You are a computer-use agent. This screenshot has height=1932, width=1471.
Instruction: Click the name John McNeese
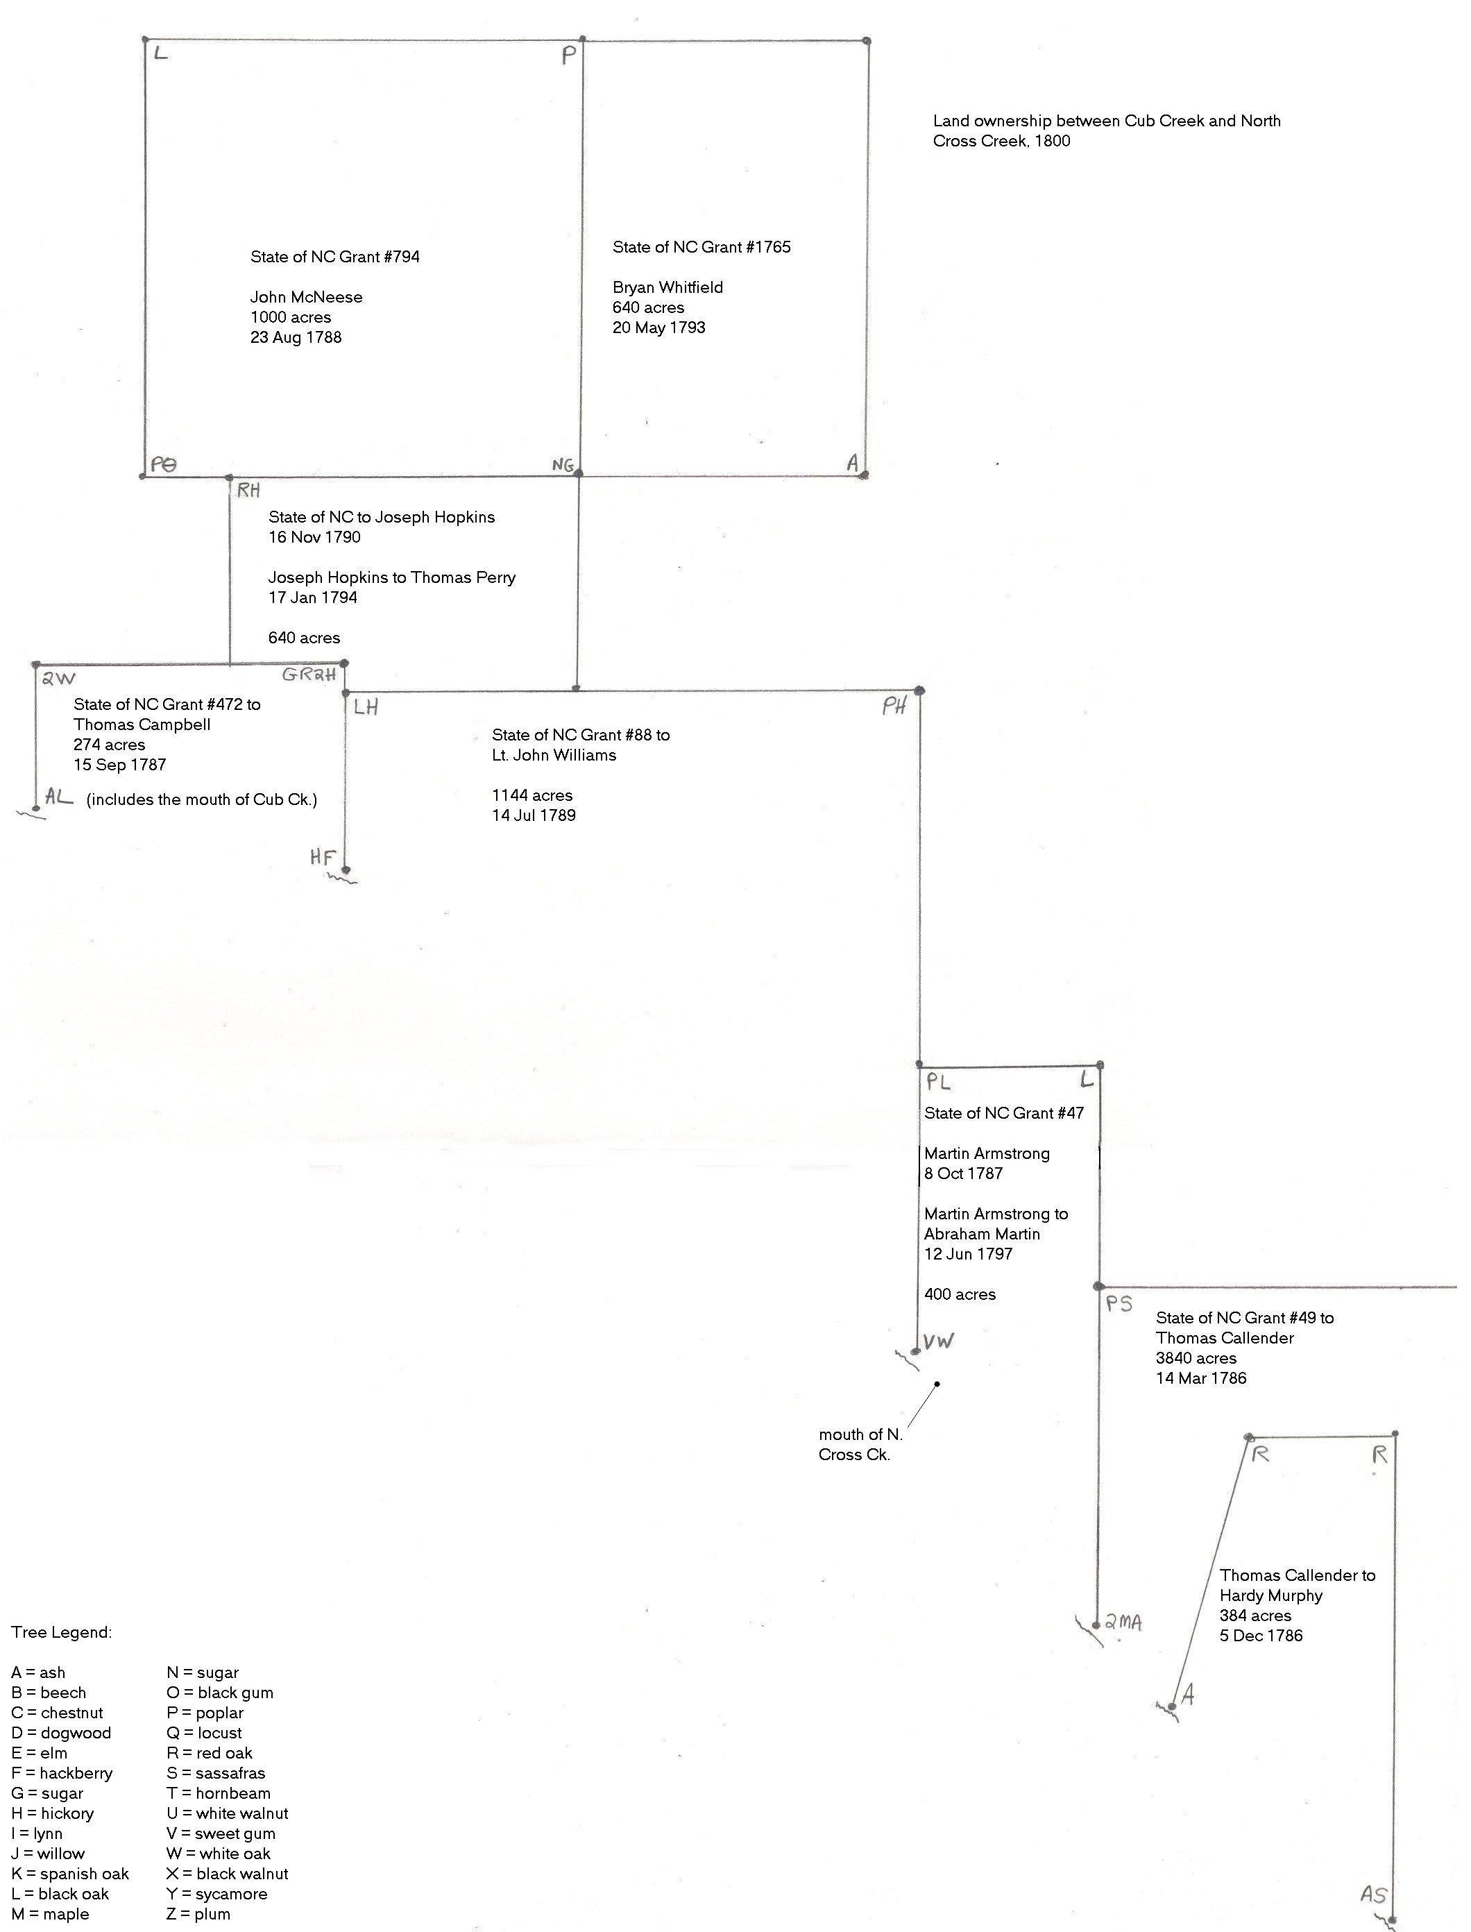click(x=307, y=298)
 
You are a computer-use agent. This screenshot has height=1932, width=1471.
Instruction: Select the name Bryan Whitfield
click(x=668, y=288)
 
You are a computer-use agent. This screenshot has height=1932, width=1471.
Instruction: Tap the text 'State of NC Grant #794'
click(x=335, y=257)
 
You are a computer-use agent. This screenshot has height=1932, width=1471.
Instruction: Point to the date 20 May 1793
click(x=659, y=328)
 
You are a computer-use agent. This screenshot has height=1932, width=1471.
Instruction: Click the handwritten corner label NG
click(x=563, y=466)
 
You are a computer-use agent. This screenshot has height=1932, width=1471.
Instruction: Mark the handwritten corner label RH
click(x=248, y=491)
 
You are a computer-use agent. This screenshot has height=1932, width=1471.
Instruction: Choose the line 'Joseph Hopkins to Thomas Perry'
click(x=392, y=578)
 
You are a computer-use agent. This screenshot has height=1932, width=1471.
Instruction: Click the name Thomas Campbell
click(x=142, y=725)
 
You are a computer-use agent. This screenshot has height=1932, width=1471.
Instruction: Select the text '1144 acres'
click(x=532, y=796)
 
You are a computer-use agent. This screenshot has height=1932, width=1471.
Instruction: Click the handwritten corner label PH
click(x=894, y=706)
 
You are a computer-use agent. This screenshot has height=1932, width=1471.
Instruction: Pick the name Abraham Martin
click(x=983, y=1235)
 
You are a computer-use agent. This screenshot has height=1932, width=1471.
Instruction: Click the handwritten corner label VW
click(x=939, y=1341)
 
